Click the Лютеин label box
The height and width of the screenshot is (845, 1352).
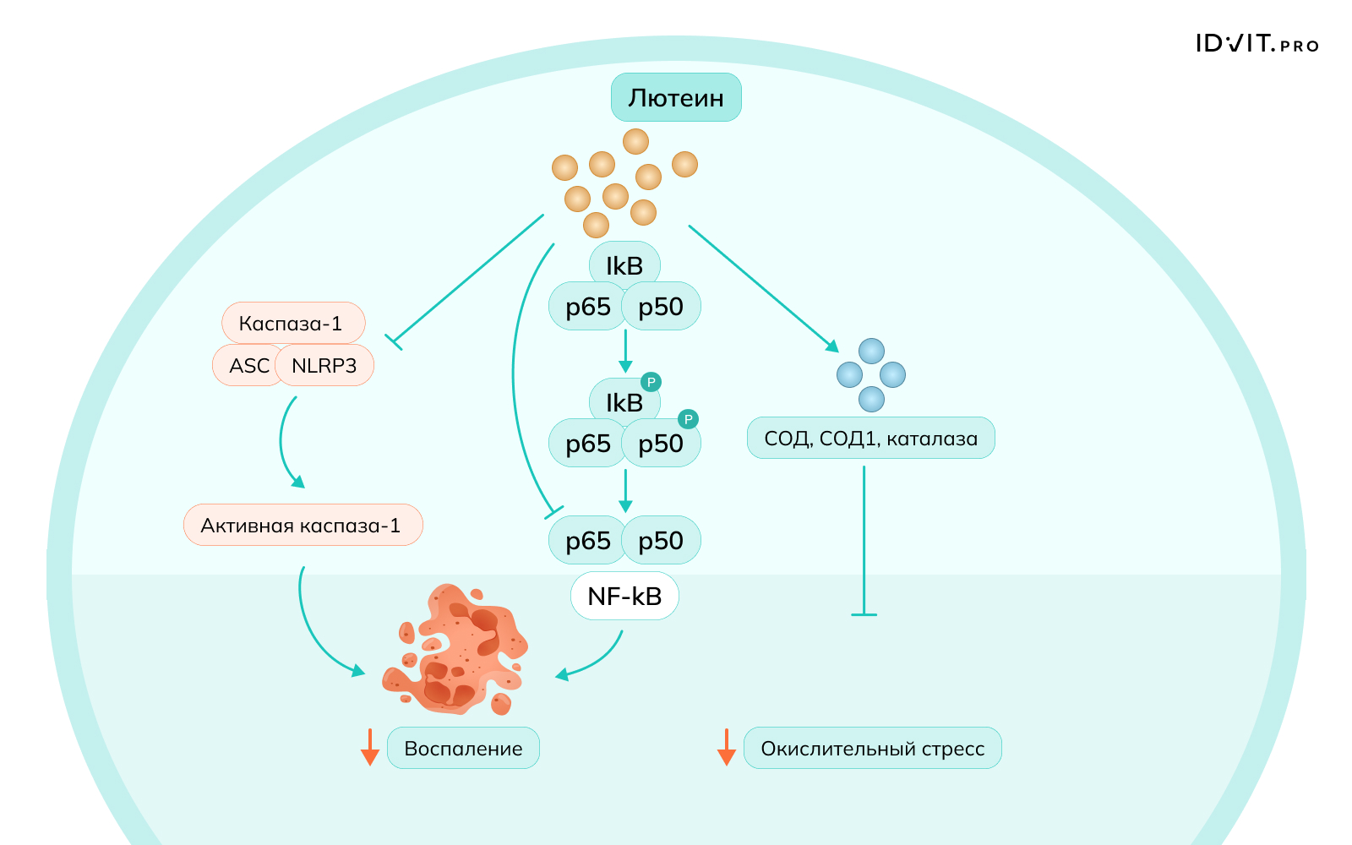point(676,98)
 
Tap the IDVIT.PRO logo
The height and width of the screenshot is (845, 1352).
point(1257,44)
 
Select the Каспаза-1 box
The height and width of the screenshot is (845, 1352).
point(292,323)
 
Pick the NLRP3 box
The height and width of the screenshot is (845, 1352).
point(324,366)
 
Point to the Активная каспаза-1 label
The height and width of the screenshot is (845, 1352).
point(302,526)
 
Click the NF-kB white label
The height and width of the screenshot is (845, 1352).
point(624,597)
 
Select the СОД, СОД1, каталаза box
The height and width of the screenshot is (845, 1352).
point(870,439)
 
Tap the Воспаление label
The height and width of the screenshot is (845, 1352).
point(463,749)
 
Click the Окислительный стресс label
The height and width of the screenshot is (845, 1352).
point(872,749)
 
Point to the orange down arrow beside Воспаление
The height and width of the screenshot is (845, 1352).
point(369,748)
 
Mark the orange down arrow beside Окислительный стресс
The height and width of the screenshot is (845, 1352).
point(726,748)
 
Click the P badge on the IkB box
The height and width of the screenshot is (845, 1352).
point(651,382)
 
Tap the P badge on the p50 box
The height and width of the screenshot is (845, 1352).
point(688,419)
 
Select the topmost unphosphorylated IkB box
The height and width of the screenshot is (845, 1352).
point(624,264)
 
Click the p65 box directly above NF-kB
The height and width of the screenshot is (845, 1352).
point(587,541)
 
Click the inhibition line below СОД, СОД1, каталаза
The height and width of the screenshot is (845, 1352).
point(864,541)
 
